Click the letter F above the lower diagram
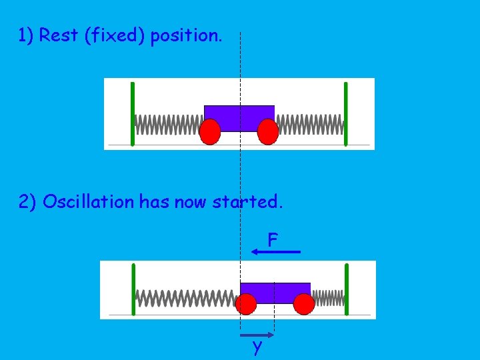click(273, 239)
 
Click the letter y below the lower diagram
click(257, 347)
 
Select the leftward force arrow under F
click(276, 252)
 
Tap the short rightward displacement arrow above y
click(257, 335)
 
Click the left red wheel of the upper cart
click(210, 132)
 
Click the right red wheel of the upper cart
click(267, 132)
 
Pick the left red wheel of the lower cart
click(246, 304)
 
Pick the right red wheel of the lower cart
click(304, 304)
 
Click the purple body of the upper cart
click(239, 117)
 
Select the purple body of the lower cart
click(275, 292)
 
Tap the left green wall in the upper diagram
click(133, 113)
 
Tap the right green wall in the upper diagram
click(345, 113)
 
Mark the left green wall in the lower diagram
click(133, 289)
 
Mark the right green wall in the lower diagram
click(347, 289)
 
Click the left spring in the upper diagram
click(168, 124)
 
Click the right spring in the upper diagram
click(309, 124)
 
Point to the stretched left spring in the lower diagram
click(186, 298)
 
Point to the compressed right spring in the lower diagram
click(327, 298)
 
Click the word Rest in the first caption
click(58, 35)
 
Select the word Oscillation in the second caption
click(89, 202)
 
